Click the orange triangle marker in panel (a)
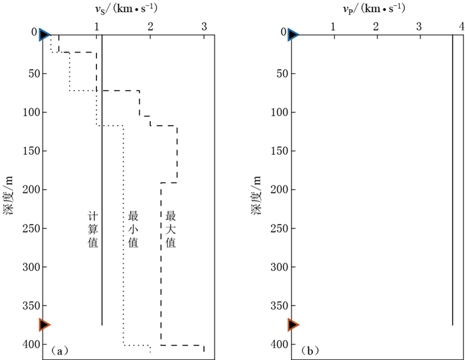coord(45,325)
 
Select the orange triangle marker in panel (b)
coord(294,325)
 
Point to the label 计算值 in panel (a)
coord(93,230)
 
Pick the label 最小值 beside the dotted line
coord(132,230)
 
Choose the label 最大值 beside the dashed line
coord(170,230)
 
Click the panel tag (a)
coord(58,349)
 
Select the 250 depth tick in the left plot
coord(29,228)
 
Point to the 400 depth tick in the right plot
coord(278,345)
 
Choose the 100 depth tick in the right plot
coord(278,112)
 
